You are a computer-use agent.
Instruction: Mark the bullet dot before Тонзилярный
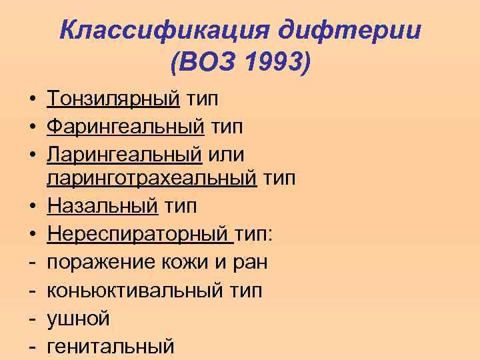(32, 100)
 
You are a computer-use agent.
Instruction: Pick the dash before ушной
(31, 319)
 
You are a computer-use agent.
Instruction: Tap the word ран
(249, 262)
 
